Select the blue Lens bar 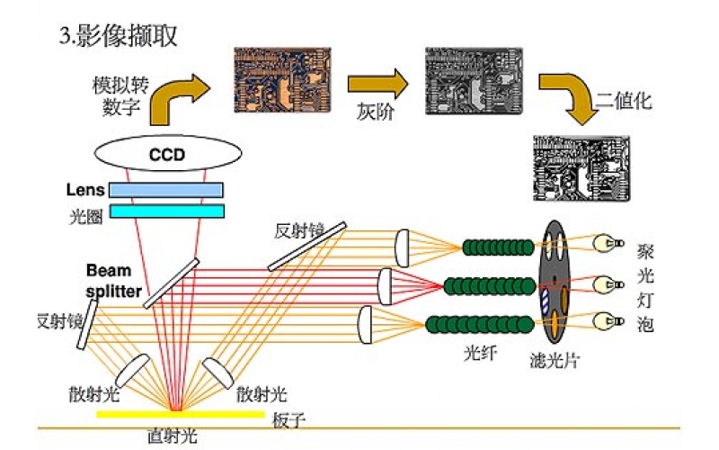coord(166,190)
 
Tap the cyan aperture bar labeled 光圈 coord(166,211)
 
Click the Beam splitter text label coord(113,280)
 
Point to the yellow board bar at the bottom coord(181,414)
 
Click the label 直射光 coord(172,436)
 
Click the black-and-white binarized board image coord(581,167)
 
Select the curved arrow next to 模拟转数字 coord(178,96)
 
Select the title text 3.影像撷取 coord(118,36)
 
